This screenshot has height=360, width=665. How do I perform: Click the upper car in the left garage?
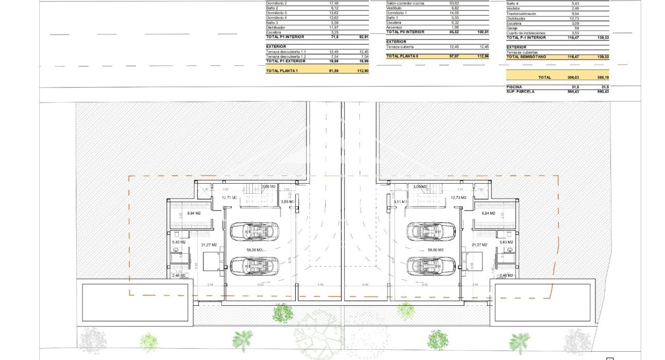tap(253, 232)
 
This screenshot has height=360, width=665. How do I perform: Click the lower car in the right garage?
tap(431, 266)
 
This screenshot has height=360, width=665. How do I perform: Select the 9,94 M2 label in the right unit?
tap(488, 213)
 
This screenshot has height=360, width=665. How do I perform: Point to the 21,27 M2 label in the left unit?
tap(209, 245)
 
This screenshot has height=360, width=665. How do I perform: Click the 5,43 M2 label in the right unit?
tap(506, 242)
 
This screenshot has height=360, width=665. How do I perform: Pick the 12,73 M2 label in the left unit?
tap(229, 198)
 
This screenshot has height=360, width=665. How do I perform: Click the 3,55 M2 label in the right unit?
tap(401, 202)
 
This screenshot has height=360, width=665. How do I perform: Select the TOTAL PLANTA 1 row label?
tap(282, 71)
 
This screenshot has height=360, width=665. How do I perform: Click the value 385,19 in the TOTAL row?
tap(602, 77)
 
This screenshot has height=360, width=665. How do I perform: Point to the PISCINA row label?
tap(514, 87)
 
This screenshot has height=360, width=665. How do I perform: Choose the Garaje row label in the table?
tap(513, 28)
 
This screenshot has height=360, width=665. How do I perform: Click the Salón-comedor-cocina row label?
tap(405, 3)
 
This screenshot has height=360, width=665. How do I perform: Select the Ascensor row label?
tap(394, 27)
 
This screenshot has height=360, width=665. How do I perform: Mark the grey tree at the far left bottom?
tap(93, 340)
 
